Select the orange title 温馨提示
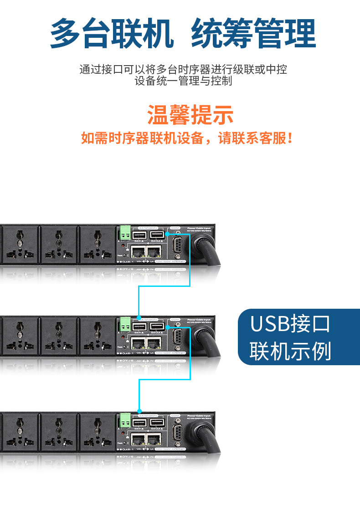point(190,114)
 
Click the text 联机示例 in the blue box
point(290,351)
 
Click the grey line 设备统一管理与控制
point(183,81)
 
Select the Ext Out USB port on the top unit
point(157,235)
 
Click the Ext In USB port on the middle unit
point(139,327)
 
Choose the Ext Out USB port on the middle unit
point(157,327)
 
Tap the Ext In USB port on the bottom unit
point(139,422)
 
